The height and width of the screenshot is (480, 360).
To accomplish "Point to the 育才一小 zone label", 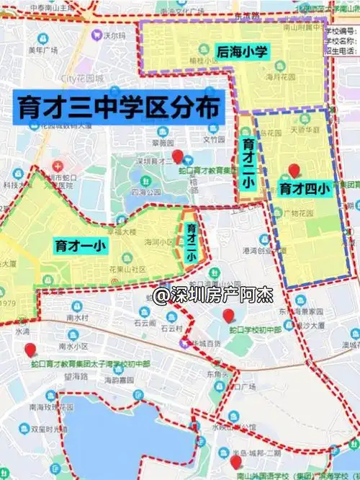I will coord(80,245).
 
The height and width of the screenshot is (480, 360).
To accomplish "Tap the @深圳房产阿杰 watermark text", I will coord(210,295).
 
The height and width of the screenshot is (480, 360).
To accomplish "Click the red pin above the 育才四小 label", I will coord(294,171).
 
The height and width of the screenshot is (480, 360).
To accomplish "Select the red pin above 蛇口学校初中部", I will coord(229,315).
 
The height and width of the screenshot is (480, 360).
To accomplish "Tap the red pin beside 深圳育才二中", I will coord(178,156).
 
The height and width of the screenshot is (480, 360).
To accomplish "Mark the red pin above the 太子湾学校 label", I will coord(30,350).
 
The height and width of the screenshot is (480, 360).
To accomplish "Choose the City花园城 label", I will coord(82,78).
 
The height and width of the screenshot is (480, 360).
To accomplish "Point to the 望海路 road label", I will coord(75,376).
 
